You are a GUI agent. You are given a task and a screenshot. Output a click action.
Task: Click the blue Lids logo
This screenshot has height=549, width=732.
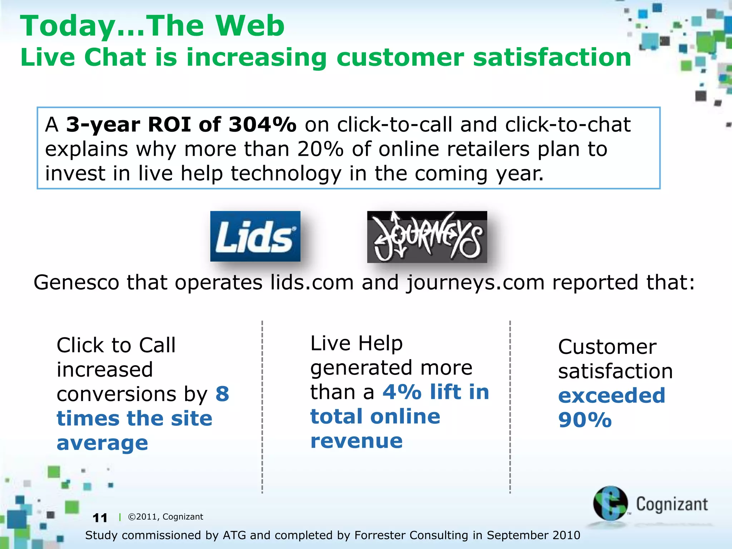click(255, 236)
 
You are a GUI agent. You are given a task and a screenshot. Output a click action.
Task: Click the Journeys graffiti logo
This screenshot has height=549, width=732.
click(427, 237)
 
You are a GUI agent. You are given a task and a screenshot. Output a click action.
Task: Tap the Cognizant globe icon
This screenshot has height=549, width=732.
click(610, 503)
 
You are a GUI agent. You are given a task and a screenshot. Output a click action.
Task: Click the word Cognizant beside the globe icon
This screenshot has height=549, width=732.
click(672, 504)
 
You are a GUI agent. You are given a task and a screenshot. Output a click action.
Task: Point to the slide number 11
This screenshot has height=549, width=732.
click(100, 518)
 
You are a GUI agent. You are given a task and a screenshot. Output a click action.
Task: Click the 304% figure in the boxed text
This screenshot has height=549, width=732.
click(262, 125)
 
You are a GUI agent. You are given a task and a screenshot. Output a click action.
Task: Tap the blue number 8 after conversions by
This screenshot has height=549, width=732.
click(222, 394)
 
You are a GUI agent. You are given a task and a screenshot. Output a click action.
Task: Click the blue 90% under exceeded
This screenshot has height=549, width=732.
click(585, 420)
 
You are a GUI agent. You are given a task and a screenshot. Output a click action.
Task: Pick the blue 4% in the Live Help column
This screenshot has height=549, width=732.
click(402, 392)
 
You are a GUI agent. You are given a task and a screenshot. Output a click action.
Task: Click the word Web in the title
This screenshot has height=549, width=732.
click(250, 26)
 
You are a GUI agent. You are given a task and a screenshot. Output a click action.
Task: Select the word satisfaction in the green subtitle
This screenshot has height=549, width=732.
click(552, 57)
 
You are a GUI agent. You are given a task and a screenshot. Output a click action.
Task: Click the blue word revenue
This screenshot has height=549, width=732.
click(356, 441)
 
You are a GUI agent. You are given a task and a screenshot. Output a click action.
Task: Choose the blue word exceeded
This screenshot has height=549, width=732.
click(612, 395)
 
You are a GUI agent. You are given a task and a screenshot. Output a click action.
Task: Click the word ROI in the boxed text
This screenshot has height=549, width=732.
click(169, 125)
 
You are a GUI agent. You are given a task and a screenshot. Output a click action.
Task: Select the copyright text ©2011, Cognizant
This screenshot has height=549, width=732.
click(165, 517)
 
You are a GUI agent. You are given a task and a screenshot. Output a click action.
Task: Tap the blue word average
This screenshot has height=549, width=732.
click(102, 443)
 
